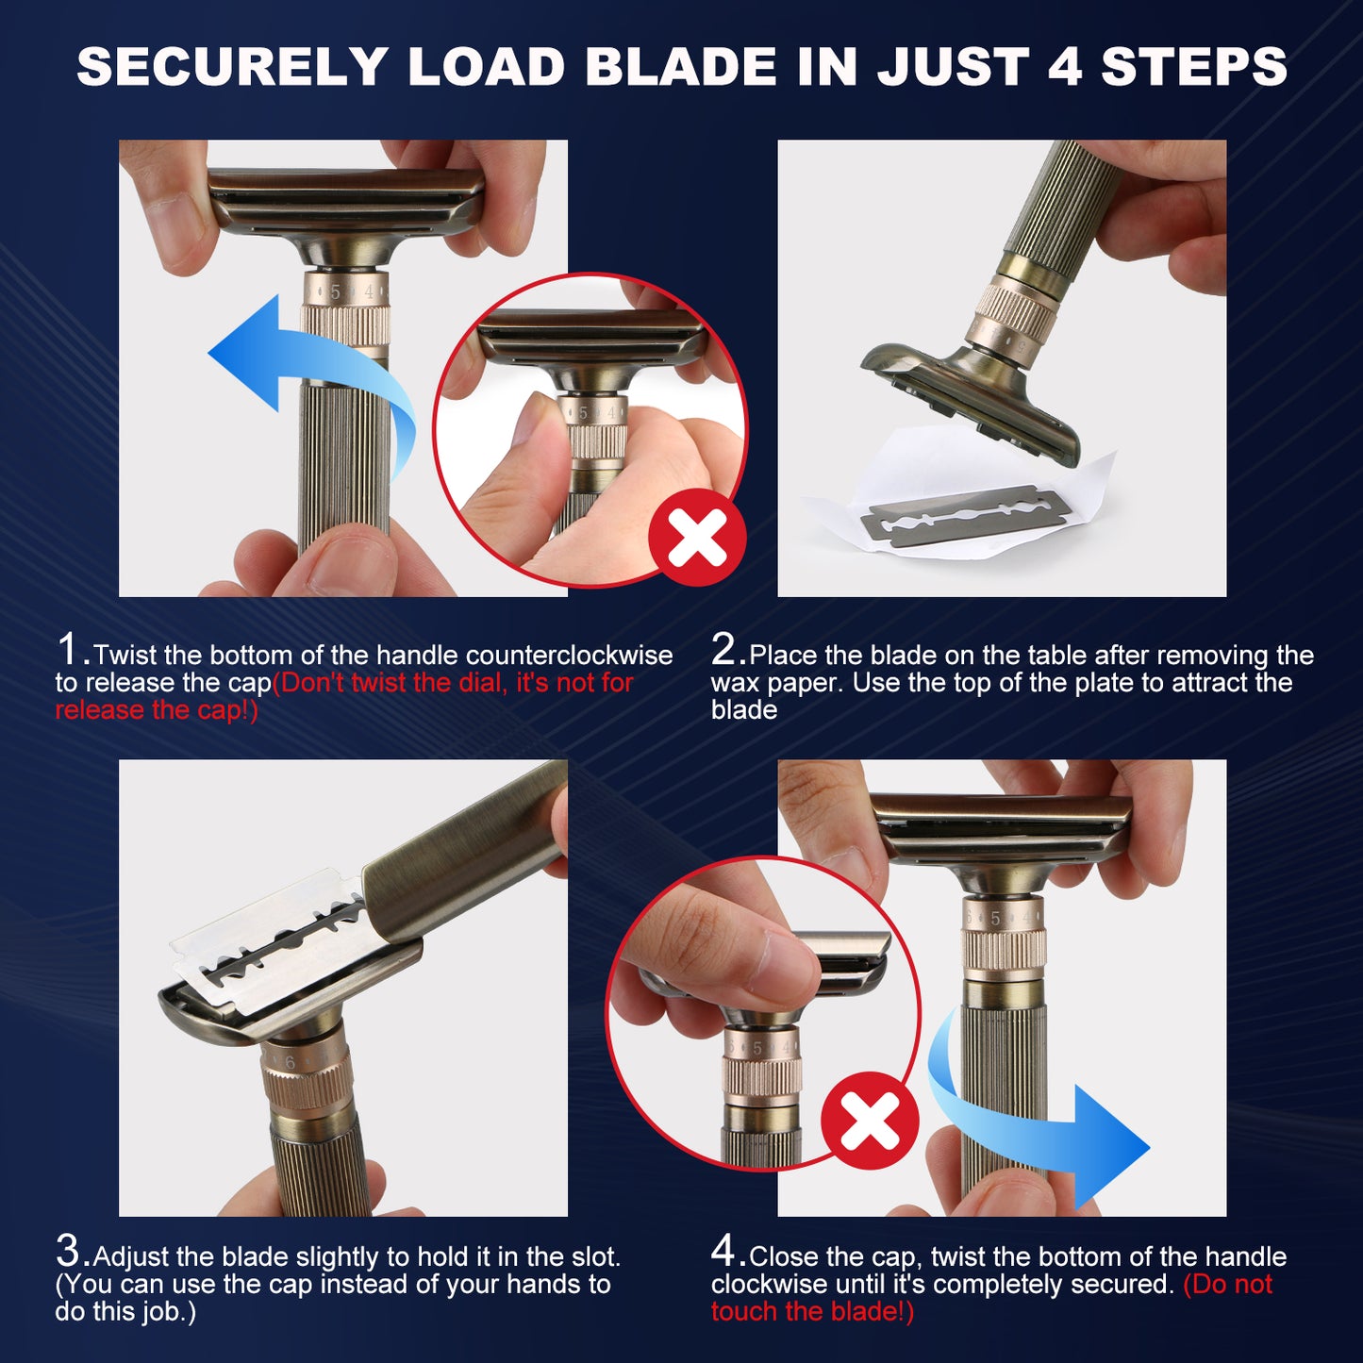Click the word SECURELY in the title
tap(231, 66)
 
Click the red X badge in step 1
tap(697, 537)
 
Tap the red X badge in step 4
tap(870, 1121)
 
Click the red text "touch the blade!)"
tap(813, 1311)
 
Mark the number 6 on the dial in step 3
tap(290, 1062)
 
